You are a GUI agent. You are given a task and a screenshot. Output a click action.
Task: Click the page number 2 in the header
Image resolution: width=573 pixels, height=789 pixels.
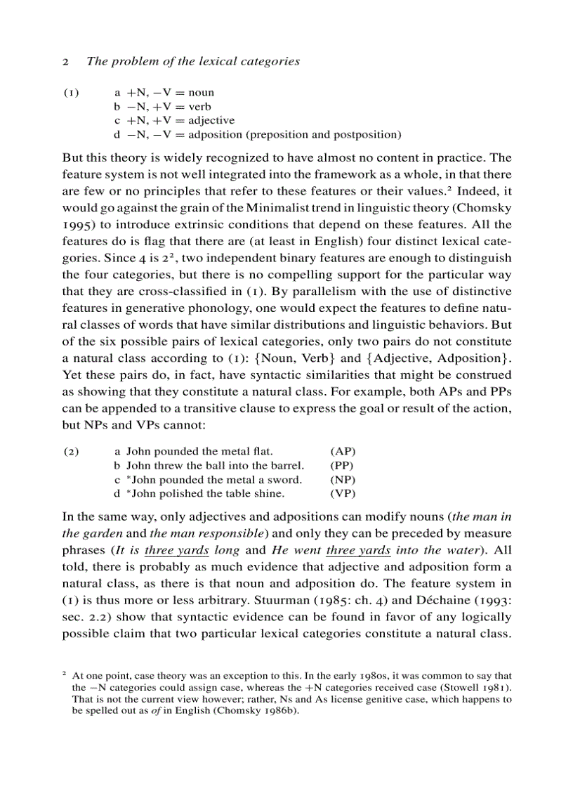65,61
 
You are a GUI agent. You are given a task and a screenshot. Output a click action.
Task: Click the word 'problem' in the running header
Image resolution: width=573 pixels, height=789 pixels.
130,61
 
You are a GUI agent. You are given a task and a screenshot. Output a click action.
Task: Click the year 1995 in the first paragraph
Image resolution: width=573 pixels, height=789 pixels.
77,225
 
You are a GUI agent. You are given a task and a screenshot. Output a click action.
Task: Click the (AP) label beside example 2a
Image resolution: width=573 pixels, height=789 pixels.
343,451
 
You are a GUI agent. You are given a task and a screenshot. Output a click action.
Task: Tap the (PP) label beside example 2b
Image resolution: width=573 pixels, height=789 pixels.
343,465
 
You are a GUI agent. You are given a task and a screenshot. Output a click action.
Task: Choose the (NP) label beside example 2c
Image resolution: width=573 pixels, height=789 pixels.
343,479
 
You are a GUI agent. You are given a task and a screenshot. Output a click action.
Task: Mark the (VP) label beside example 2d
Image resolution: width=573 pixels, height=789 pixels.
343,493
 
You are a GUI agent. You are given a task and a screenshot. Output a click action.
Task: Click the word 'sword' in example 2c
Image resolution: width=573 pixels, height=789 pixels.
286,479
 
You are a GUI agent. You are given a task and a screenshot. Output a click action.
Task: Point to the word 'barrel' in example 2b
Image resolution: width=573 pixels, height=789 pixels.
287,465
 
